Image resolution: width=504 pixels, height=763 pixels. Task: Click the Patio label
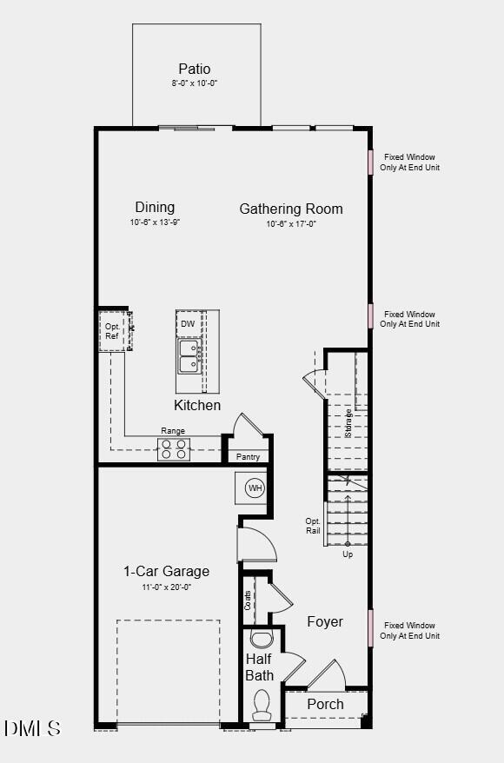pos(195,69)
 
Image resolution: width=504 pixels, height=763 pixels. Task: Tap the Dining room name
pos(155,208)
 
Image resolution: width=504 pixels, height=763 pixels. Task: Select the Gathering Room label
pos(291,209)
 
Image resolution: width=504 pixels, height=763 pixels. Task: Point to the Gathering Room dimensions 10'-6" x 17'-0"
pos(291,223)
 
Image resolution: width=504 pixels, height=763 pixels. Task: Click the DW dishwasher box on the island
pos(189,324)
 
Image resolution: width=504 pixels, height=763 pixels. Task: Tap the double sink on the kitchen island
pos(189,355)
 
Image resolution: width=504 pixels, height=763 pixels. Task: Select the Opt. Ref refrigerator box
pos(112,331)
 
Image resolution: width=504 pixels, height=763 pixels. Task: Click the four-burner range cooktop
pos(173,449)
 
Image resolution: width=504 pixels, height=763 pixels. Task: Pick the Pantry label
pos(248,457)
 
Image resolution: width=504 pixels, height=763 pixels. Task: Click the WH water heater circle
pos(255,488)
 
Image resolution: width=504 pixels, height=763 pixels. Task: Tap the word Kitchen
pos(197,405)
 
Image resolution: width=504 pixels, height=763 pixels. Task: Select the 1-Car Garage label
pos(166,571)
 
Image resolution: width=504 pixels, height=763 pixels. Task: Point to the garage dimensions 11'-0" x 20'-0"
pos(166,587)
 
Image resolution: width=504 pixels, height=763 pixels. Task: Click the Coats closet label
pos(249,600)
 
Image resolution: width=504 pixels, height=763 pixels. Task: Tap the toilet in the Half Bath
pos(262,704)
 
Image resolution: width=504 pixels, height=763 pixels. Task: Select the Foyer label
pos(325,621)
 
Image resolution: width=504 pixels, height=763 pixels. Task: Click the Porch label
pos(326,704)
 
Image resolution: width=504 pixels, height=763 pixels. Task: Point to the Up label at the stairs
pos(348,554)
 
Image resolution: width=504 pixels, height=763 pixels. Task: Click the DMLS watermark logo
pos(32,728)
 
